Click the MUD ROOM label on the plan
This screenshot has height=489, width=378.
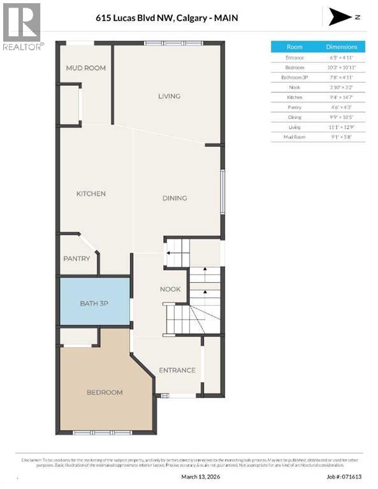click(85, 68)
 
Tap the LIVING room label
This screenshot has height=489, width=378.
click(169, 96)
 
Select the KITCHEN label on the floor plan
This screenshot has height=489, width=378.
click(91, 194)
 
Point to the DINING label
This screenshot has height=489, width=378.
click(174, 198)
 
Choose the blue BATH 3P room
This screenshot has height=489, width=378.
click(94, 304)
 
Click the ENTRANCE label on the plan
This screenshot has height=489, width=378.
click(177, 371)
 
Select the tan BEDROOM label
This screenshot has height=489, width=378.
click(105, 392)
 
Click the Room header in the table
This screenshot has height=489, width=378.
click(294, 47)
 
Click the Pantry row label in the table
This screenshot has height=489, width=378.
click(294, 108)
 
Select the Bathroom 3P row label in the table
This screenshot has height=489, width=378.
click(294, 77)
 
